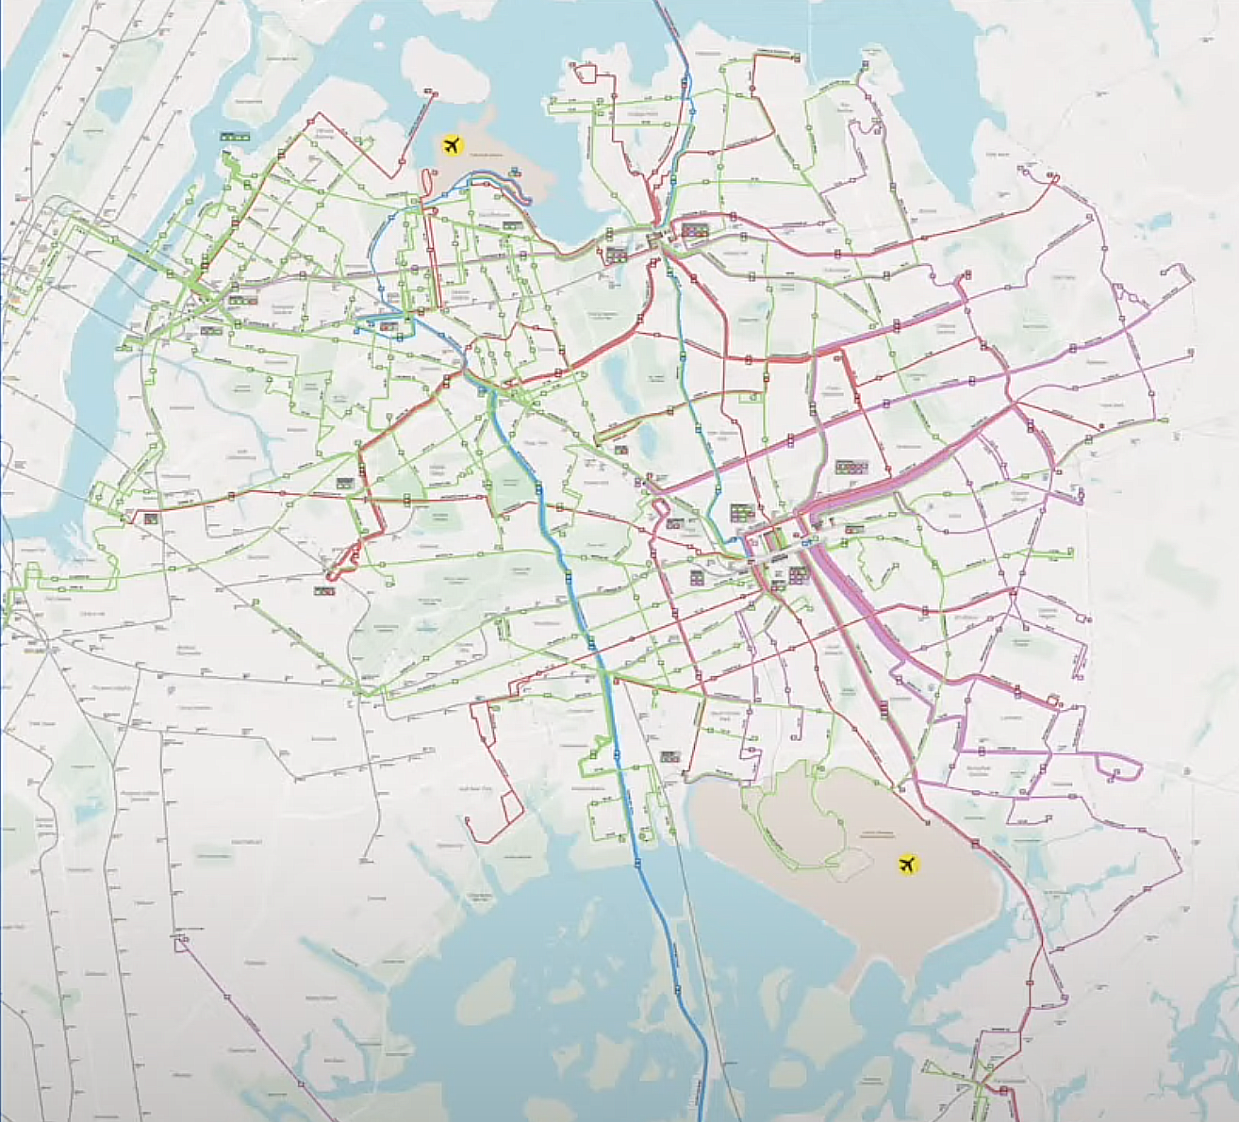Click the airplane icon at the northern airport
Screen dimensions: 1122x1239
click(453, 146)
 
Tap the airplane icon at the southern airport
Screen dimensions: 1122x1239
click(907, 863)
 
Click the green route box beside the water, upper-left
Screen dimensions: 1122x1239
click(233, 137)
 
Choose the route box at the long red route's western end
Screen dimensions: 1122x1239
click(150, 518)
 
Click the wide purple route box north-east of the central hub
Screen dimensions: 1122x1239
click(851, 466)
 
